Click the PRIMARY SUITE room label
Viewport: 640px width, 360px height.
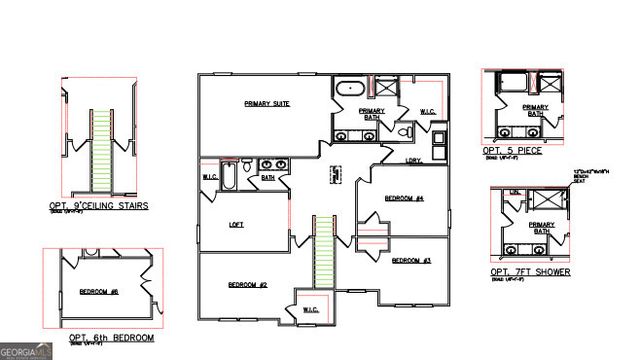[x=267, y=104]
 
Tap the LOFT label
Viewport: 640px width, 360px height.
[x=237, y=224]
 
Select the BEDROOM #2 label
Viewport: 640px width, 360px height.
[x=247, y=285]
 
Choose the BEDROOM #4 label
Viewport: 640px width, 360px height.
[x=404, y=199]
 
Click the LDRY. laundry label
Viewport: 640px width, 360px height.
[x=412, y=160]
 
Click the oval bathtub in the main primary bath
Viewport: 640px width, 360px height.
[x=350, y=88]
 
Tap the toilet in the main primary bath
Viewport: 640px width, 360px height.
[x=405, y=132]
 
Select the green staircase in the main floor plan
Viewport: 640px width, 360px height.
[x=324, y=252]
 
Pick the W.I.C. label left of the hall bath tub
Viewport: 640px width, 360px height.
[x=211, y=178]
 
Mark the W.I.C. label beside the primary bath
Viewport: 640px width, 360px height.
[x=427, y=112]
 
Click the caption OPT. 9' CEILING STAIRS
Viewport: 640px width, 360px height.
[x=98, y=206]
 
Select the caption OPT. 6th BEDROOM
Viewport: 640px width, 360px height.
[x=112, y=339]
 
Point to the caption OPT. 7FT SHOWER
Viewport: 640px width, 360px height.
[x=530, y=272]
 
